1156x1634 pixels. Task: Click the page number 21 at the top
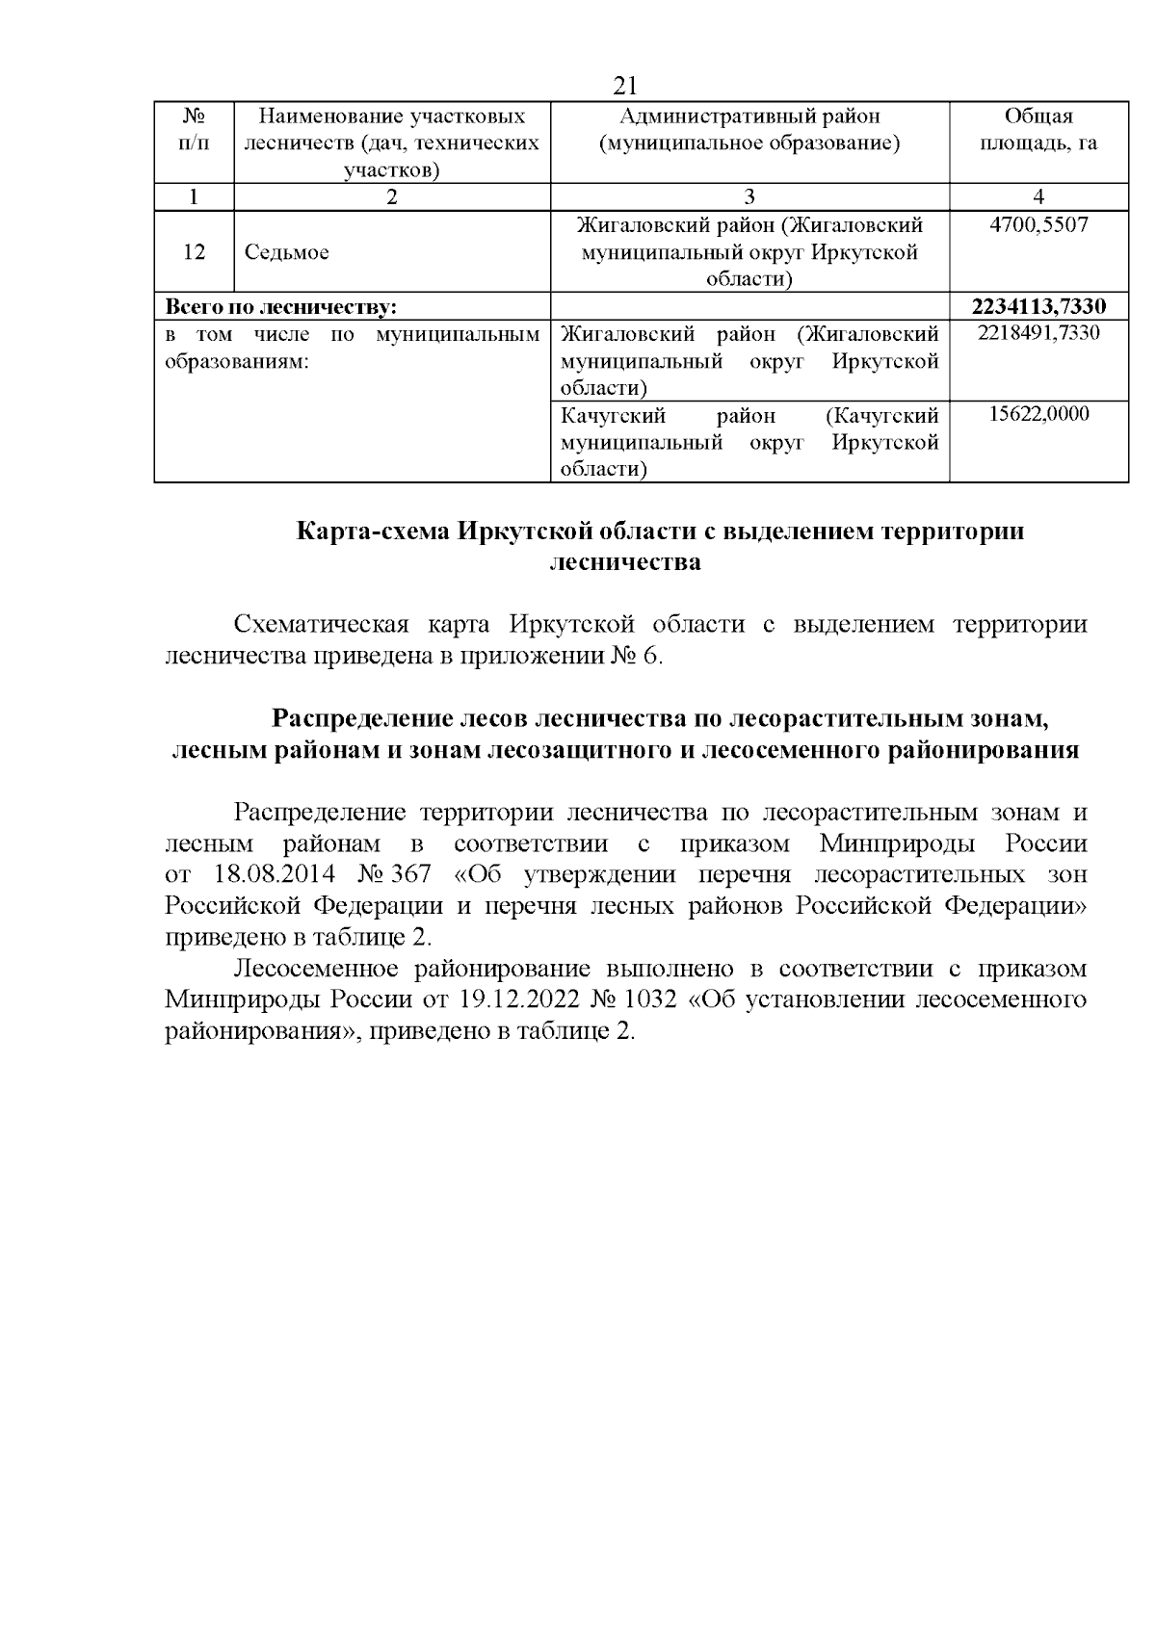click(624, 86)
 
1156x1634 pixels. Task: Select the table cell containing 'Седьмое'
click(286, 252)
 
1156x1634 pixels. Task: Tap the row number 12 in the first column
click(194, 252)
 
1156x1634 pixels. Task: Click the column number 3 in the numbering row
click(749, 197)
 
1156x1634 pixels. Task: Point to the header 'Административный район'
click(749, 117)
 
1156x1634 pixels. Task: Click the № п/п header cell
click(194, 130)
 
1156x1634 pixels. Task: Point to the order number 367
click(411, 875)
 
